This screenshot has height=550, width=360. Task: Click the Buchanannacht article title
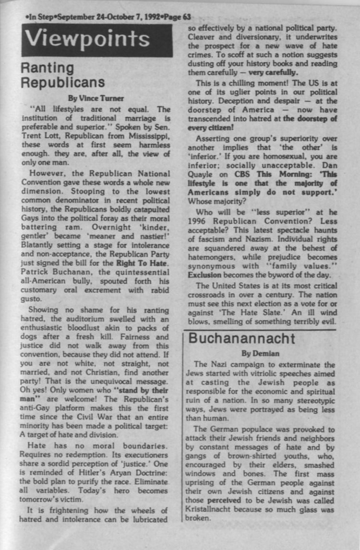pos(241,338)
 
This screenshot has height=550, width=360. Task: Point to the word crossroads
pos(207,295)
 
